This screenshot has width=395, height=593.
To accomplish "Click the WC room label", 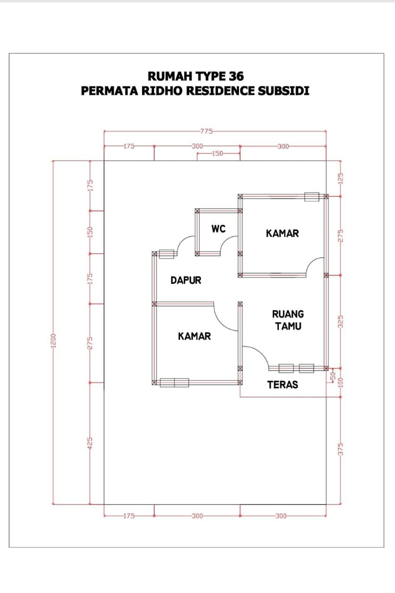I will pos(218,229).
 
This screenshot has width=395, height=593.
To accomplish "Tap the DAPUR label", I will pos(186,280).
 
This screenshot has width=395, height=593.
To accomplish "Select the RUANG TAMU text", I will pos(288,320).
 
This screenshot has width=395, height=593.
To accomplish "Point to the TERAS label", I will pos(282,384).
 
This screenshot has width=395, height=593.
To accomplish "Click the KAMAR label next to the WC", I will pos(282,233).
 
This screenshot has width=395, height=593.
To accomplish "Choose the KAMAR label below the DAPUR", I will pos(194,336).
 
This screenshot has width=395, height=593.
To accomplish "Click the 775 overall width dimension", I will pos(206,131).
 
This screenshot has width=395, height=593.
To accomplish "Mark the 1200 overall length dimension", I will pos(53,340).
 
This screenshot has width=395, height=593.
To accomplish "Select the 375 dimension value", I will pos(340,449).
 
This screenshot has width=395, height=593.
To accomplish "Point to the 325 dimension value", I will pos(340,322).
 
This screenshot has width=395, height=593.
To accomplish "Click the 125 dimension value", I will pos(340,178).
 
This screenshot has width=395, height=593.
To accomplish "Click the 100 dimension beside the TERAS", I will pos(340,382).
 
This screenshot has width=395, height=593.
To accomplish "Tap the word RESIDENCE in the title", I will pos(222,91).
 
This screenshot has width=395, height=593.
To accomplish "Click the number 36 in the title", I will pos(236,76).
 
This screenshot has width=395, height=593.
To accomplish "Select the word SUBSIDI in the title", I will pos(284,91).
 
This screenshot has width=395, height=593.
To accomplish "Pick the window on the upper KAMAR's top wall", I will pos(312,197).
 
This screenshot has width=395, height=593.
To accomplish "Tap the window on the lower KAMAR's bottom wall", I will pos(174,382).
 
